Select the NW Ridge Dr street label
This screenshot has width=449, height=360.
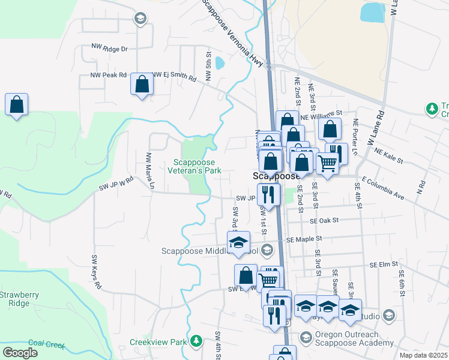[109, 48]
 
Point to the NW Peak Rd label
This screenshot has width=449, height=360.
[109, 76]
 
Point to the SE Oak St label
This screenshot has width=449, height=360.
[324, 221]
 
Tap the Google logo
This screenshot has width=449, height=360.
[20, 353]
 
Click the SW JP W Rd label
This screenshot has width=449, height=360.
[116, 184]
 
